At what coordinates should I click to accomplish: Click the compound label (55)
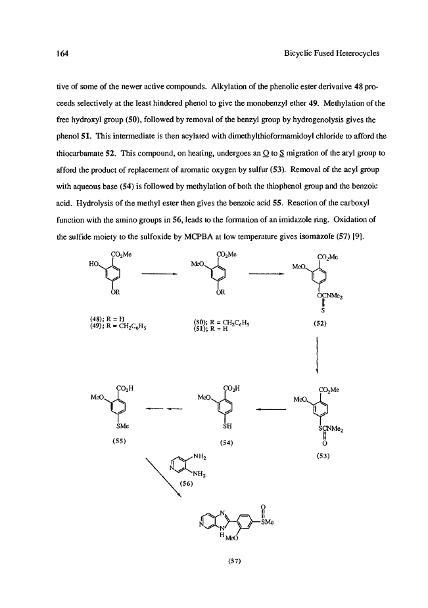coord(120,441)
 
